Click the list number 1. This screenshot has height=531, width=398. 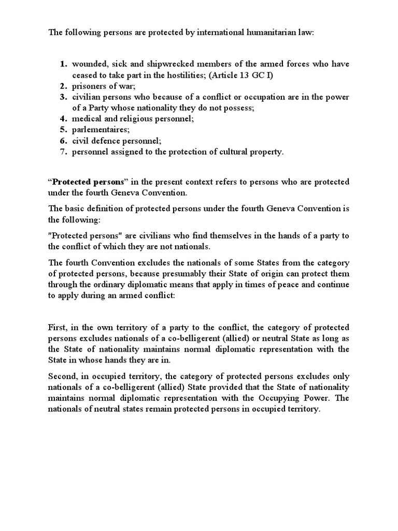(x=63, y=64)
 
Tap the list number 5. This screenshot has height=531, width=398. (x=63, y=130)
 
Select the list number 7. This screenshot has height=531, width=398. (x=63, y=151)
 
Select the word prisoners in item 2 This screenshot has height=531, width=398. (x=88, y=86)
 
